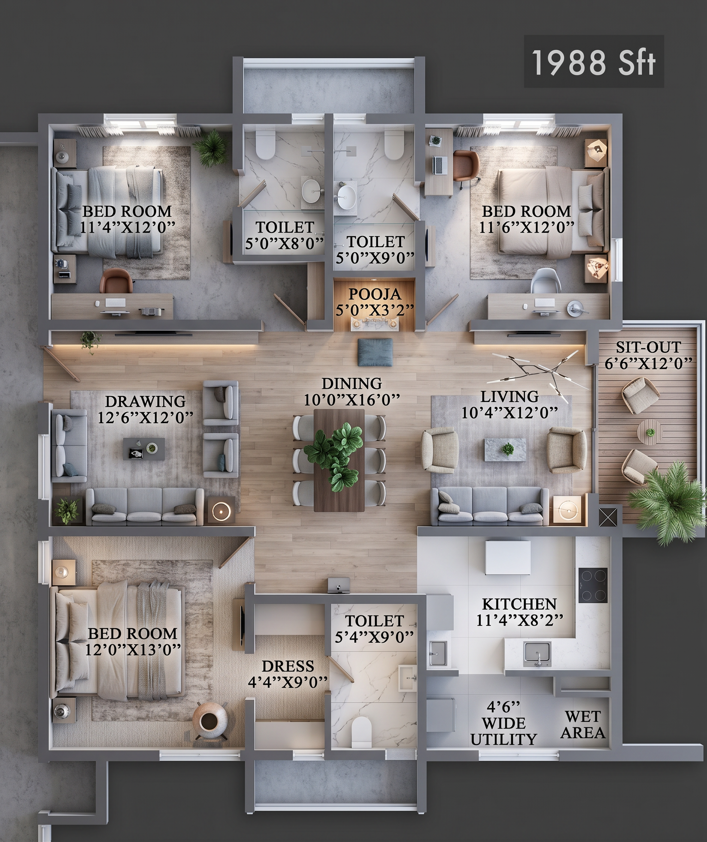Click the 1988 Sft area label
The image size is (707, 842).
click(593, 63)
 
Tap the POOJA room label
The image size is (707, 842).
click(375, 294)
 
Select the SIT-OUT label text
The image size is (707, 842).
click(648, 347)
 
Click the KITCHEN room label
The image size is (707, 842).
click(519, 604)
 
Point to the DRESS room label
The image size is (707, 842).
click(288, 666)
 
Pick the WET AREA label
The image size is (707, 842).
click(583, 724)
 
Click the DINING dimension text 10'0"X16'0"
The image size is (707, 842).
click(352, 400)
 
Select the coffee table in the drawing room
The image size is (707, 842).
click(143, 449)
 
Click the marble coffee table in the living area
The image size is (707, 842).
click(505, 449)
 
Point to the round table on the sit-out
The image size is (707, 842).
click(650, 432)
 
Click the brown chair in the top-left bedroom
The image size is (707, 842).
click(116, 281)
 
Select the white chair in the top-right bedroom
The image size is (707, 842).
click(546, 281)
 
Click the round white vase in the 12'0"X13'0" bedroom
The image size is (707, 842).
click(210, 721)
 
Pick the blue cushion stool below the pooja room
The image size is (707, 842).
click(375, 352)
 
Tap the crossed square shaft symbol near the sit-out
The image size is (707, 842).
click(608, 517)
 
